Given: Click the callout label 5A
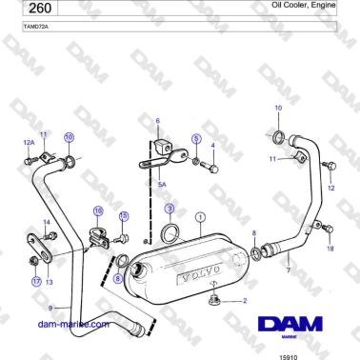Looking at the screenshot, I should point(162,184).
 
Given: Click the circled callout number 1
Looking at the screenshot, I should point(200,217).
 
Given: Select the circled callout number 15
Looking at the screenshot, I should point(123,216).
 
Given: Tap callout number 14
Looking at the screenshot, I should point(47,222).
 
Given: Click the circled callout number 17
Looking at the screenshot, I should point(35,282).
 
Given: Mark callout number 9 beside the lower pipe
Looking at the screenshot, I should point(53,307).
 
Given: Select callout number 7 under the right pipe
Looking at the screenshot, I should point(288,271).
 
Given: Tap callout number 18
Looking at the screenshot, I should point(330,250).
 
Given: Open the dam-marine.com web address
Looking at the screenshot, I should point(72,323).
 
